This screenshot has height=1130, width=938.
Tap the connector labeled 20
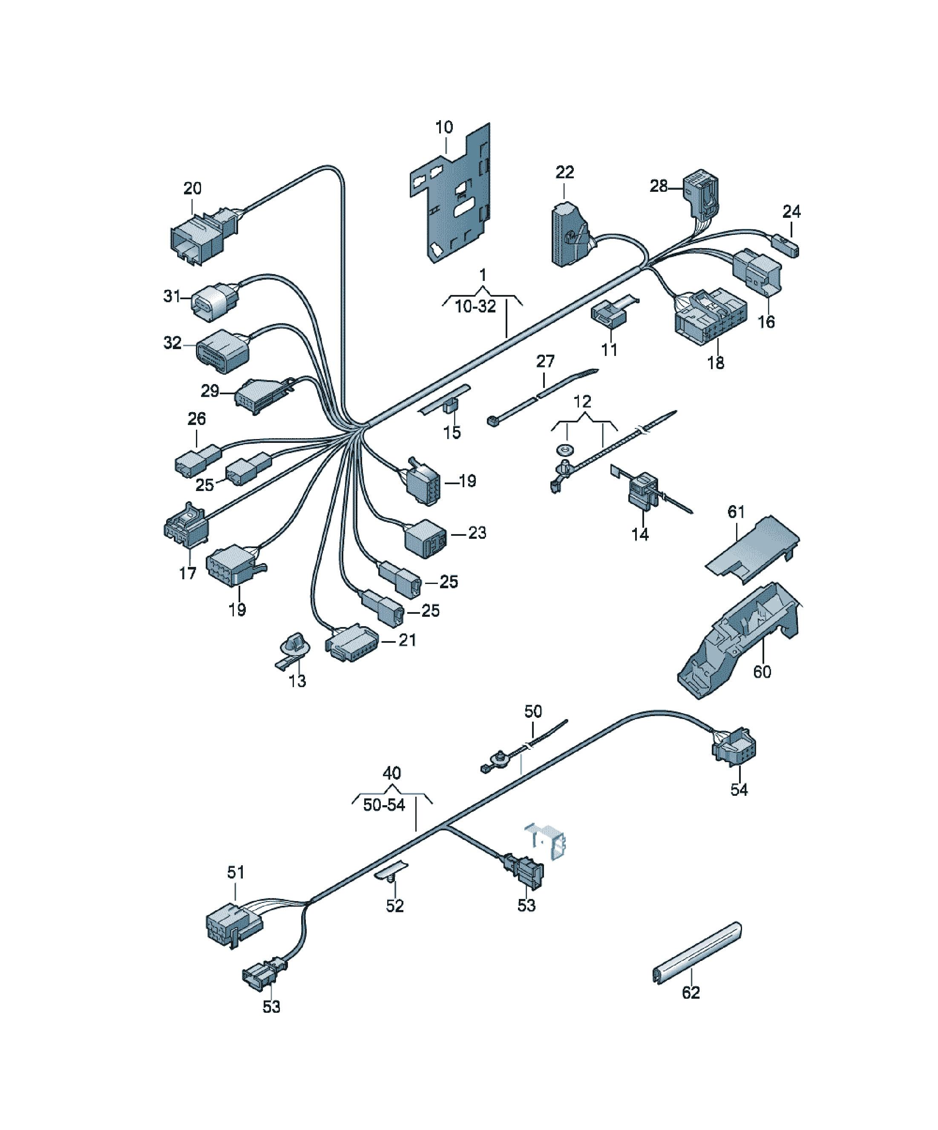(203, 237)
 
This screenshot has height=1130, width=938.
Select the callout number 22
(565, 172)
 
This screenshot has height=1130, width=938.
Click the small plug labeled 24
(785, 245)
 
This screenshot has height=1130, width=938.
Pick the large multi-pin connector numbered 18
(710, 318)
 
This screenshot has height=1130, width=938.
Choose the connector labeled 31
(215, 302)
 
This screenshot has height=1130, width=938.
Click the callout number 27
(545, 361)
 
